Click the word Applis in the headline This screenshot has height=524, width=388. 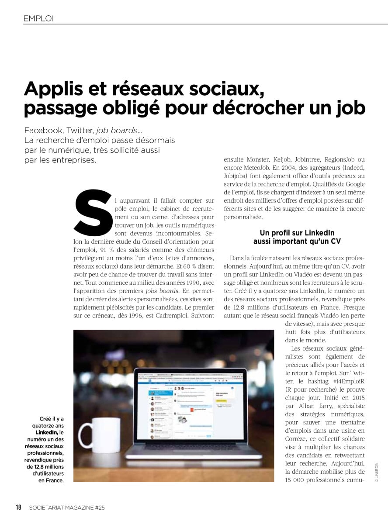(51, 89)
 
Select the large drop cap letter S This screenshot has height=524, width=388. (93, 213)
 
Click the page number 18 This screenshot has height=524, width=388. (19, 507)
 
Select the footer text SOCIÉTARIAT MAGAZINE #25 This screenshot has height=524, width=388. (67, 507)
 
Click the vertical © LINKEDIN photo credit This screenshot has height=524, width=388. (376, 472)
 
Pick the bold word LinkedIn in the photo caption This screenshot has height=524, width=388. (48, 432)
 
